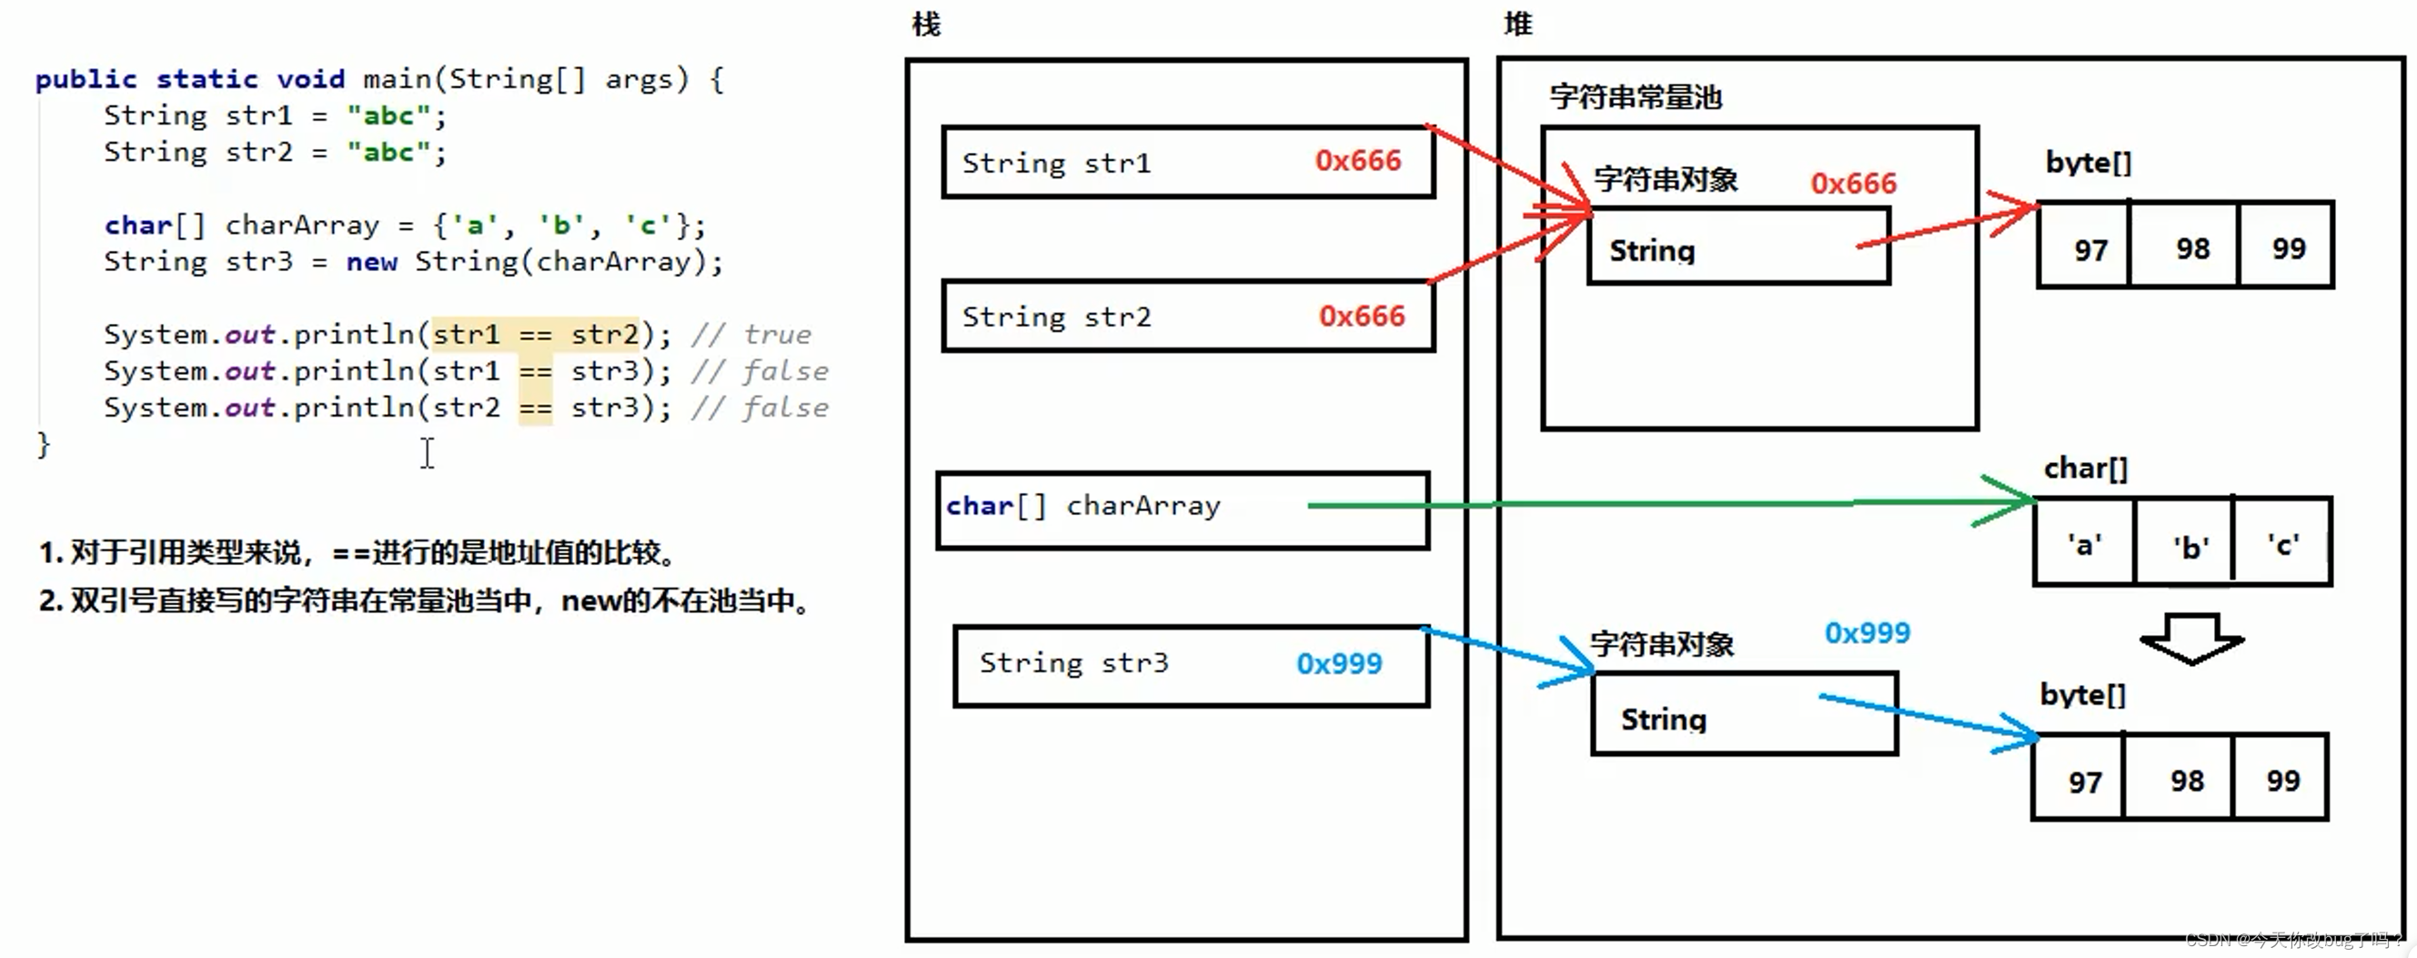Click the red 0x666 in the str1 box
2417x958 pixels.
click(x=1357, y=160)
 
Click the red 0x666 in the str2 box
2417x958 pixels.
click(x=1362, y=317)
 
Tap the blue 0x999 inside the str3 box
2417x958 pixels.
click(x=1339, y=664)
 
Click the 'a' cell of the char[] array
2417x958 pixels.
click(x=2084, y=544)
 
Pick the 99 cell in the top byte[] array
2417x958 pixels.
click(x=2289, y=248)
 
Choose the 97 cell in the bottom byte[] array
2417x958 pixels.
click(x=2085, y=782)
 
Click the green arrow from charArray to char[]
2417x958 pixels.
click(x=1670, y=505)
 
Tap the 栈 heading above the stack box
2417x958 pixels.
click(x=926, y=24)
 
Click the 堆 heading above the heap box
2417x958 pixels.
click(x=1517, y=24)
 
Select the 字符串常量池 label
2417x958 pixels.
click(x=1636, y=96)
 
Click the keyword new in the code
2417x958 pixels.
click(x=371, y=262)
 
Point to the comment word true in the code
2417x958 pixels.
click(x=778, y=335)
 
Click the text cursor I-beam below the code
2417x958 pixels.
click(x=427, y=453)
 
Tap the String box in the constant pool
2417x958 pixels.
click(x=1737, y=248)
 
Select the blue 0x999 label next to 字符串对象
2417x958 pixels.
click(x=1867, y=633)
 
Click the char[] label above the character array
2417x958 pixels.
click(x=2085, y=469)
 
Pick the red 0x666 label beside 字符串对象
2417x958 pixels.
click(x=1853, y=183)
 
